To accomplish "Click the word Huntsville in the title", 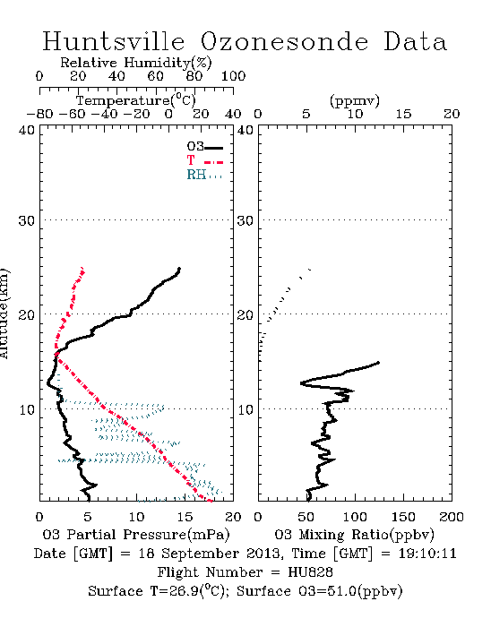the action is tap(114, 41).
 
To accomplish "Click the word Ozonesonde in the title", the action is tap(284, 41).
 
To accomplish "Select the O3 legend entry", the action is tap(204, 147).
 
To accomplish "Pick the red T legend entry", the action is tap(204, 160).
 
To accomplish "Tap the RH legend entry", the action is tap(204, 175).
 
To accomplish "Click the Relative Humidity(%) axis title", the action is tap(136, 63).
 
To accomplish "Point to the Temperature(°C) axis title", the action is tap(136, 100).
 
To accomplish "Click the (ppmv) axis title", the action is tap(355, 100).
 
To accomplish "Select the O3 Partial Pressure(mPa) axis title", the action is tap(136, 535).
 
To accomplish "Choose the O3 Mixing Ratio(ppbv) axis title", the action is tap(354, 535).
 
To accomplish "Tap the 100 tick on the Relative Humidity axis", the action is tap(233, 76).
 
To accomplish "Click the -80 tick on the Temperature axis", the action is tap(39, 114).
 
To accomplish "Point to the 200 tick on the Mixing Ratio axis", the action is tap(452, 517).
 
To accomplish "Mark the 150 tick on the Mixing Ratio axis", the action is tap(403, 517).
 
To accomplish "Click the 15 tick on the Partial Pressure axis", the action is tap(185, 517).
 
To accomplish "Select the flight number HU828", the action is tap(310, 572).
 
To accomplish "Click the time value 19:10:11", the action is tap(427, 554).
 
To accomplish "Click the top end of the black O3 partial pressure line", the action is tap(179, 269).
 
